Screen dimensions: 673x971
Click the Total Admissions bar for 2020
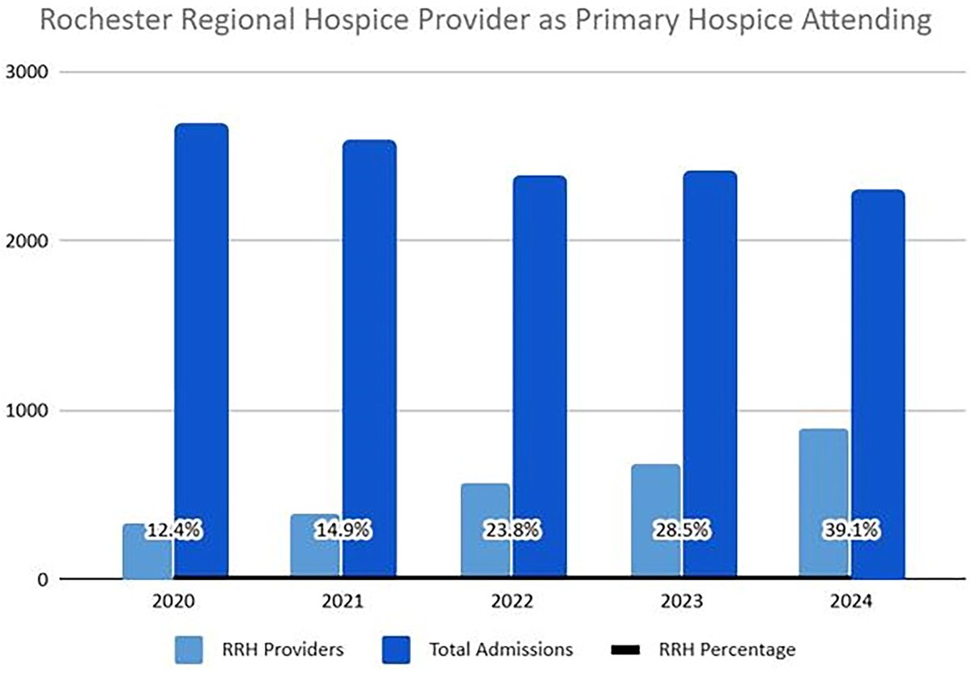tap(201, 324)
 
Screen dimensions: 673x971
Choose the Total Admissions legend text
tap(500, 649)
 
